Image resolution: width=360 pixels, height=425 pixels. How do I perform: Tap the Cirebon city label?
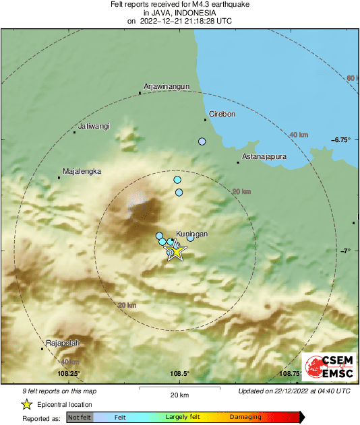coord(222,114)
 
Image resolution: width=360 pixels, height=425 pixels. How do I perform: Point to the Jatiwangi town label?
coord(94,126)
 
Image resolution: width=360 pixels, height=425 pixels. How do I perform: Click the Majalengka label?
coord(82,171)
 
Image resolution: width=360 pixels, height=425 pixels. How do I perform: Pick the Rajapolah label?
coord(63,343)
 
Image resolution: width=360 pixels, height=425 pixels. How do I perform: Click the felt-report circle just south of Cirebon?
coord(202,141)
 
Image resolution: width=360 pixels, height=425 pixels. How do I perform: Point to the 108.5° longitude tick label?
coord(179,374)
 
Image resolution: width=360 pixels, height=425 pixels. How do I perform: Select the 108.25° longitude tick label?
coord(69,374)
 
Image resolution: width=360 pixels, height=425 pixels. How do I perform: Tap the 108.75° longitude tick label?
coord(290,374)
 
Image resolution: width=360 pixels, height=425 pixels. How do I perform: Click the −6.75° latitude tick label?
coord(341,140)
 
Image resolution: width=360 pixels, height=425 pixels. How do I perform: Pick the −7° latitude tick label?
coord(346,251)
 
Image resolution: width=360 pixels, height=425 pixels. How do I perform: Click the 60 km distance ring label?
coord(351,79)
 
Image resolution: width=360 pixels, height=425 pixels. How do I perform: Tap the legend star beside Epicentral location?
coord(27,404)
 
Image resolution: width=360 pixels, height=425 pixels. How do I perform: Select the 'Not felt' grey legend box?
coord(79,417)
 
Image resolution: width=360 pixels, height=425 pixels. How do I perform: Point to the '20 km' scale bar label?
coord(179,394)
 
